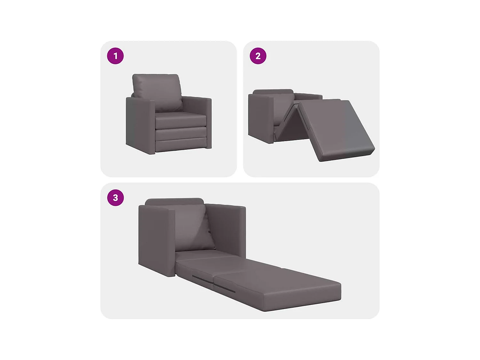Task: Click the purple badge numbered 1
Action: point(115,56)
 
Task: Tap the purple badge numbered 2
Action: point(258,56)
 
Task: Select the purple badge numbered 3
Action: point(115,198)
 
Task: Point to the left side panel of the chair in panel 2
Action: point(260,117)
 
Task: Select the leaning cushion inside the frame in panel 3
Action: point(192,227)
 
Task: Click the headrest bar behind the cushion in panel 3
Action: point(174,201)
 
